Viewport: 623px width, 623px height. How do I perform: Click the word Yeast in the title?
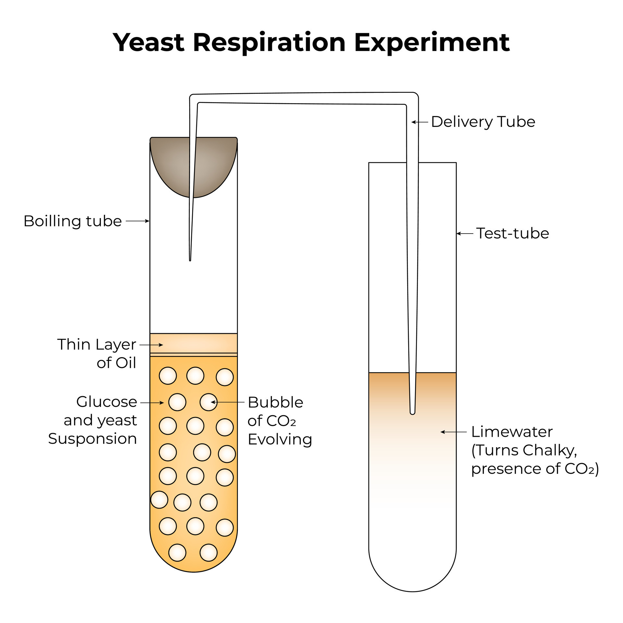click(x=149, y=43)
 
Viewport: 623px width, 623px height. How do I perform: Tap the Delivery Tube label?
click(x=483, y=122)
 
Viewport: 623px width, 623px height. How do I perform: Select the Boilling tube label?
click(x=73, y=221)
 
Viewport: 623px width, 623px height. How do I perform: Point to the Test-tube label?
click(x=513, y=233)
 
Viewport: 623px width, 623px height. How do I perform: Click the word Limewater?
click(x=512, y=432)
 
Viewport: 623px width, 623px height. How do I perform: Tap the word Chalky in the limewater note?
click(x=550, y=450)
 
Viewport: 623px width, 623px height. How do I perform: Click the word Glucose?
click(x=107, y=402)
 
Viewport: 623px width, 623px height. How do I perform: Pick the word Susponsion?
click(x=92, y=439)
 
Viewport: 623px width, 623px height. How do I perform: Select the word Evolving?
click(x=280, y=440)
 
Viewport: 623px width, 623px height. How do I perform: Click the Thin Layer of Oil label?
click(x=97, y=354)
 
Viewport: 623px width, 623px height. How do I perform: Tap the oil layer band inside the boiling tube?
click(x=193, y=343)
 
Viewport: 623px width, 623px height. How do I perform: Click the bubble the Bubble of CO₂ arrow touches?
click(x=208, y=402)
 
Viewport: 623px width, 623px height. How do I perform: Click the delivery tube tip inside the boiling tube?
click(x=190, y=260)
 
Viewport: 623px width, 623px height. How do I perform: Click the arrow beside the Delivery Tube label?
click(x=420, y=122)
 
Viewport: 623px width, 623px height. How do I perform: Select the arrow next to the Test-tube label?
click(x=465, y=233)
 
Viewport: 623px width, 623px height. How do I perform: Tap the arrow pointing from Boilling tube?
click(x=138, y=221)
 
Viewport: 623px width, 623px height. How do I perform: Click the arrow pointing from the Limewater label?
click(x=453, y=432)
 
